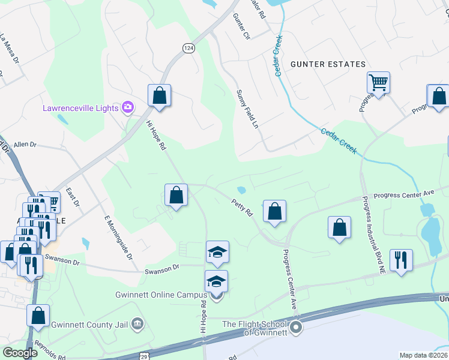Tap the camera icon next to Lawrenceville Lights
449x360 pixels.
click(x=127, y=108)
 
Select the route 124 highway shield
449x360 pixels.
click(x=188, y=48)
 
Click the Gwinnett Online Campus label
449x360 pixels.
click(x=161, y=295)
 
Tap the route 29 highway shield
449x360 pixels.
click(x=145, y=356)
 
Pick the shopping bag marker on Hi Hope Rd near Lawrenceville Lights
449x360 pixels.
click(x=160, y=95)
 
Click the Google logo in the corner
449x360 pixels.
click(x=20, y=353)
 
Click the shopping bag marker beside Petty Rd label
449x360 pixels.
click(x=274, y=211)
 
